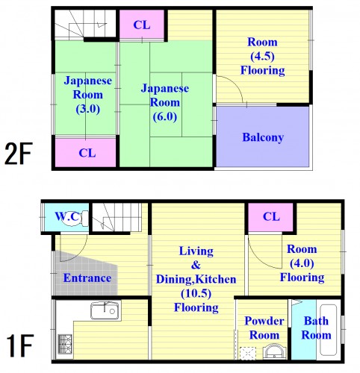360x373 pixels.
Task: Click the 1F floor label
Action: [20, 348]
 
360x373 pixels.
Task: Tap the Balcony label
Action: [262, 138]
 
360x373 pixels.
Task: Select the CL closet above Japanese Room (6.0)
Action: [142, 25]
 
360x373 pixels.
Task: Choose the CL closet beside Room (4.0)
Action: [271, 217]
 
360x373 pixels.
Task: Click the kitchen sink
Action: [105, 310]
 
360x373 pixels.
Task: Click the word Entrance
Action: [87, 278]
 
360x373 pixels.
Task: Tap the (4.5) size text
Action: [262, 57]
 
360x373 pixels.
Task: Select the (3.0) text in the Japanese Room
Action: [87, 108]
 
